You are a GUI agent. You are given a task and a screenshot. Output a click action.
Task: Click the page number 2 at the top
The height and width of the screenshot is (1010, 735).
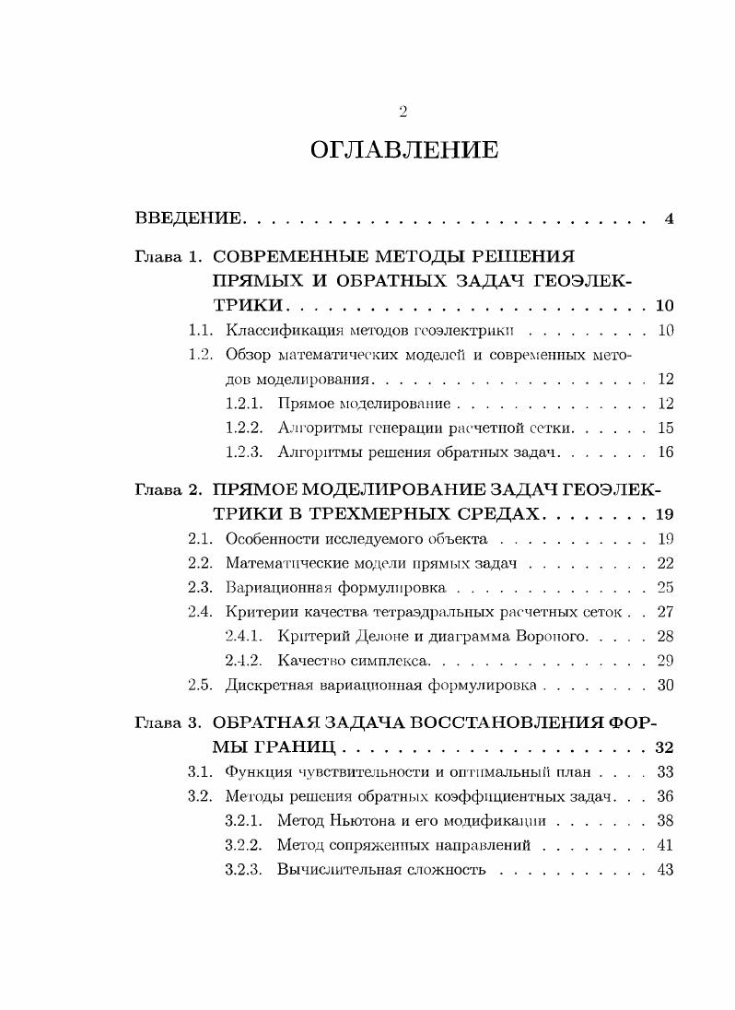click(402, 112)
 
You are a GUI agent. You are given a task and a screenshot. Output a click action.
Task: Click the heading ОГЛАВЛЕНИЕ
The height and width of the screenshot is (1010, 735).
click(404, 150)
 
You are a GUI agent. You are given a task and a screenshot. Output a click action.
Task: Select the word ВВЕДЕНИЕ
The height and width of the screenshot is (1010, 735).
click(189, 219)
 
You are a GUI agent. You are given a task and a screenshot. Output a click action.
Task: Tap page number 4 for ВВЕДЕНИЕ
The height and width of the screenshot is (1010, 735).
click(670, 219)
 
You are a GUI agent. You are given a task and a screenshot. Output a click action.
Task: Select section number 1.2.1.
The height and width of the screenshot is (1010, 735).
click(244, 404)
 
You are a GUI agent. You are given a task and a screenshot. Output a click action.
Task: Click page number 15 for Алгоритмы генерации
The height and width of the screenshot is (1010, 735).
click(666, 428)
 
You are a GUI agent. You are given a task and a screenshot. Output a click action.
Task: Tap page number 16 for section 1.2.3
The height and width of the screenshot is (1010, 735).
click(666, 452)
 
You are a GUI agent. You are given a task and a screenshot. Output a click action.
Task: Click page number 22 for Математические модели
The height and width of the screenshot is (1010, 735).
click(666, 563)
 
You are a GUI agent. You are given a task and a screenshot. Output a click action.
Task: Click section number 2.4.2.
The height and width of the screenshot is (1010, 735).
click(244, 660)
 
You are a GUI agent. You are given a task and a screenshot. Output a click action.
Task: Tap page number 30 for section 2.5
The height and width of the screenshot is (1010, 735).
click(666, 685)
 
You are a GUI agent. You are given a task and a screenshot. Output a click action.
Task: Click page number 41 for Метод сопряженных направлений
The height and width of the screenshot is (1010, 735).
click(666, 845)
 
